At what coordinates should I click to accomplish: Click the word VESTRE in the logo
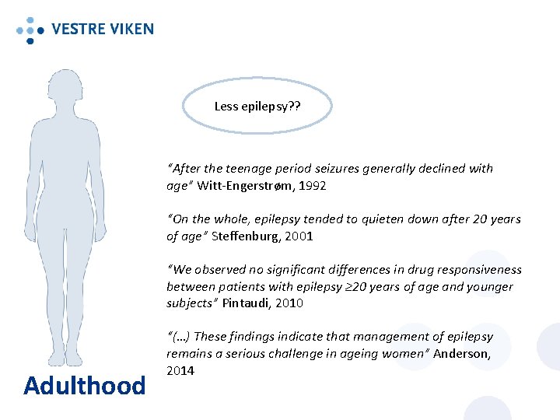[78, 30]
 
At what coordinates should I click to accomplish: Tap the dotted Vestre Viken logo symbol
[30, 30]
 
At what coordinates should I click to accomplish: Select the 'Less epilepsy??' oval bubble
[257, 106]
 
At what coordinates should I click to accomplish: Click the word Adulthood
[84, 385]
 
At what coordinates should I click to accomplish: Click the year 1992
[310, 186]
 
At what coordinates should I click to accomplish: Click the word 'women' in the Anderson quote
[408, 353]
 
